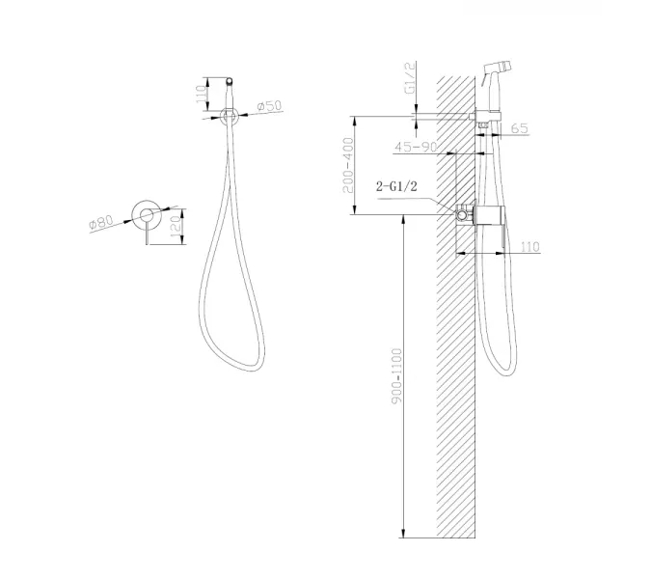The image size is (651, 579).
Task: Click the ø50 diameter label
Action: (x=269, y=106)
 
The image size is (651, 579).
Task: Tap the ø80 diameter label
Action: (x=101, y=222)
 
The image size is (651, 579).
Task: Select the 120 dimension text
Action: (x=175, y=228)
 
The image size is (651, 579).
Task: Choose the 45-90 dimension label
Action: (x=418, y=147)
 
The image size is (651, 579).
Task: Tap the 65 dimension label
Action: (x=520, y=127)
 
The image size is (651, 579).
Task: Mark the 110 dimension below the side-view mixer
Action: (x=529, y=247)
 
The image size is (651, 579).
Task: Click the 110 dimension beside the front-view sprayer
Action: (x=201, y=96)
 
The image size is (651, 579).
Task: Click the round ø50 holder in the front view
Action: (x=229, y=116)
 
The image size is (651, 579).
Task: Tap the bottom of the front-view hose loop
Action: (x=243, y=368)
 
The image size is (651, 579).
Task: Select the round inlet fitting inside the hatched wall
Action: (x=464, y=214)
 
